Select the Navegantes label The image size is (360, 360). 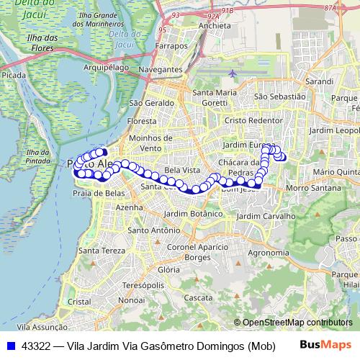pyautogui.click(x=162, y=69)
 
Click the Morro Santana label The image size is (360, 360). pyautogui.click(x=307, y=188)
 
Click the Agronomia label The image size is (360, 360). pyautogui.click(x=268, y=253)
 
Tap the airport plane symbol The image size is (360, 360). pyautogui.click(x=233, y=73)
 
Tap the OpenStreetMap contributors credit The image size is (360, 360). pyautogui.click(x=297, y=323)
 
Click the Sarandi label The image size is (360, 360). pyautogui.click(x=320, y=83)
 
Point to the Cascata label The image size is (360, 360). pyautogui.click(x=198, y=297)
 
